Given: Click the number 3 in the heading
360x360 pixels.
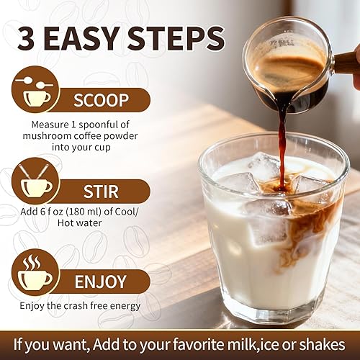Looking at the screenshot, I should click(x=32, y=38).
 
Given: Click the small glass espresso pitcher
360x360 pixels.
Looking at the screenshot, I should click(x=284, y=61).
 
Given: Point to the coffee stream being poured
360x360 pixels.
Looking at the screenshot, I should click(x=282, y=137).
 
